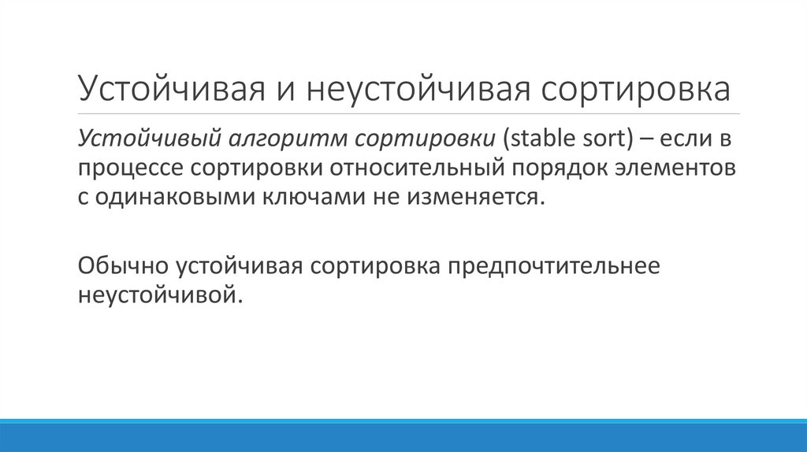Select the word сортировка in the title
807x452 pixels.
(635, 89)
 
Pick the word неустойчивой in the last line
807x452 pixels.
(158, 296)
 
